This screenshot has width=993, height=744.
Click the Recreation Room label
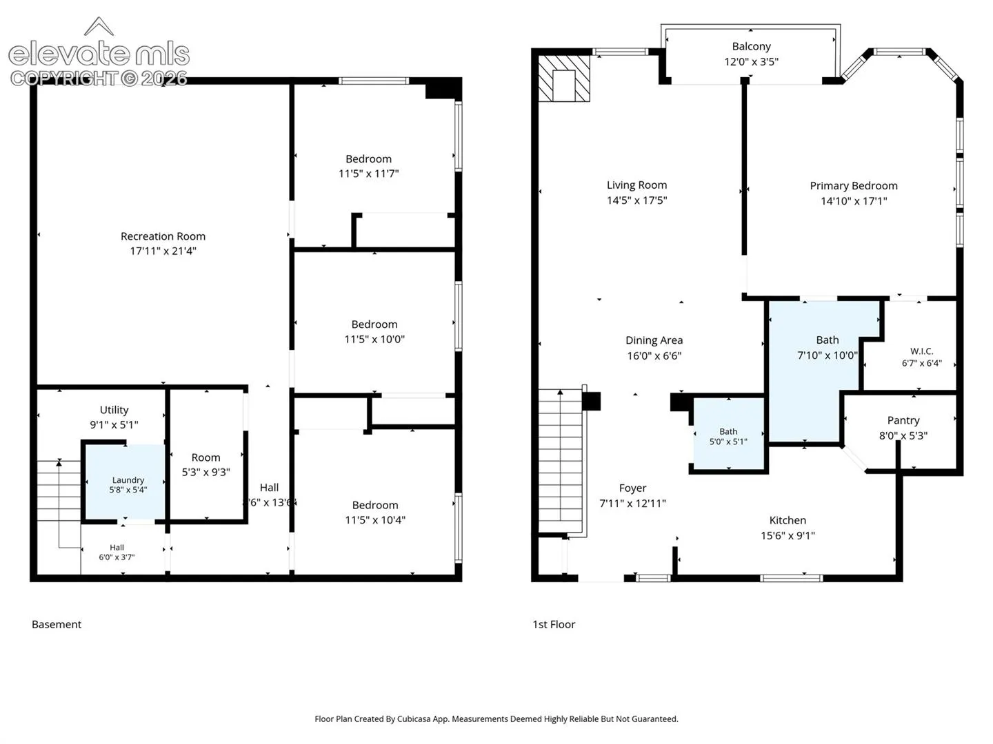click(x=163, y=236)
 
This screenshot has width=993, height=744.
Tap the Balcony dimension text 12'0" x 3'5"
click(x=752, y=62)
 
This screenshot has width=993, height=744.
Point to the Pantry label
click(x=903, y=420)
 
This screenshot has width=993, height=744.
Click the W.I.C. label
click(x=922, y=351)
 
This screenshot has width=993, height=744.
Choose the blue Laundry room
click(x=126, y=482)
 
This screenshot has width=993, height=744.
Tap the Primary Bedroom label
click(x=854, y=186)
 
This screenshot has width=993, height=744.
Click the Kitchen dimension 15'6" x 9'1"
click(x=788, y=536)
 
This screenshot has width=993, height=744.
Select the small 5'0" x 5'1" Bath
click(x=728, y=434)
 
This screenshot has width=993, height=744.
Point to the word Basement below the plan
click(x=57, y=624)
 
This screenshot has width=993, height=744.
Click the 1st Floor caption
click(x=554, y=624)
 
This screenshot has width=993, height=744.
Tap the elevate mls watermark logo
click(x=99, y=52)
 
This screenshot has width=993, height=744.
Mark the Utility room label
click(x=114, y=410)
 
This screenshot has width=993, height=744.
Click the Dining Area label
click(x=654, y=340)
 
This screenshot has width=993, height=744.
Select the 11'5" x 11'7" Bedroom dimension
click(x=369, y=174)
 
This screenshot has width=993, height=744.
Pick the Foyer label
click(x=632, y=488)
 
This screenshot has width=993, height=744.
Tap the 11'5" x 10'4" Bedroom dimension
click(x=375, y=520)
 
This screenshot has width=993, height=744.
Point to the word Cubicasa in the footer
click(x=414, y=719)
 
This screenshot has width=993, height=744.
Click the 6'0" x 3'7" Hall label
click(x=117, y=552)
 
